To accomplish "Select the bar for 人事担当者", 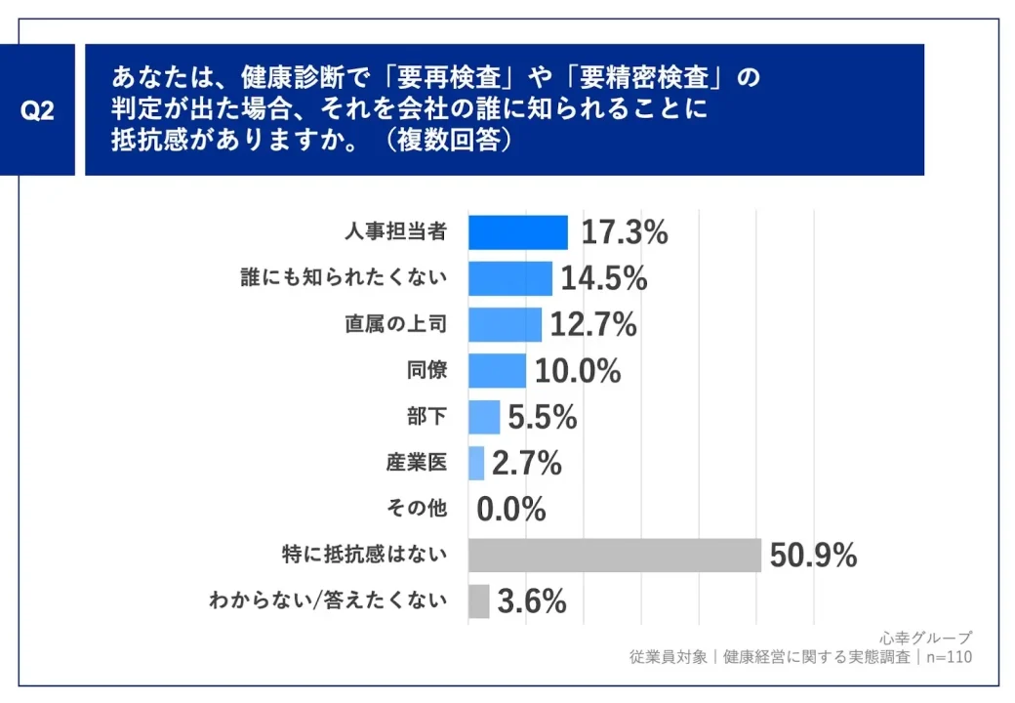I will (517, 232).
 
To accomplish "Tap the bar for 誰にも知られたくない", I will (509, 278).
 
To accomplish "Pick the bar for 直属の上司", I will (505, 324).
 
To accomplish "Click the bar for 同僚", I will (497, 370).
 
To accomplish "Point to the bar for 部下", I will (484, 417).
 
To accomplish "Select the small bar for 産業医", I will (476, 463).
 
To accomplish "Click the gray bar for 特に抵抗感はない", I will (614, 556).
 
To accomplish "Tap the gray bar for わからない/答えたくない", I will (478, 601).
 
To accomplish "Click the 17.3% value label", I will (625, 232).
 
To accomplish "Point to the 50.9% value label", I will (813, 556).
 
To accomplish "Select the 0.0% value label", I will (511, 509).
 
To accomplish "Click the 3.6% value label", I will (532, 601).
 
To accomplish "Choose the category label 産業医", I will (417, 463).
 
